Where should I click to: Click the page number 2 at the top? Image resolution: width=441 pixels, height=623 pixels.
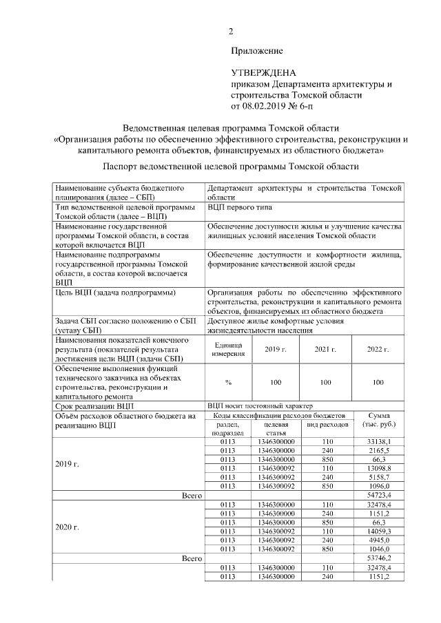(232, 30)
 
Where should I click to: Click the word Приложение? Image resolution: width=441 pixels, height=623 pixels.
(257, 51)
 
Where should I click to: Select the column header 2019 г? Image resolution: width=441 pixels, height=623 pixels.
(276, 350)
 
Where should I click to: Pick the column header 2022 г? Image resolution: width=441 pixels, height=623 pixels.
(378, 350)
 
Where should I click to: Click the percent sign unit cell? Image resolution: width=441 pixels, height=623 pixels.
(228, 382)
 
